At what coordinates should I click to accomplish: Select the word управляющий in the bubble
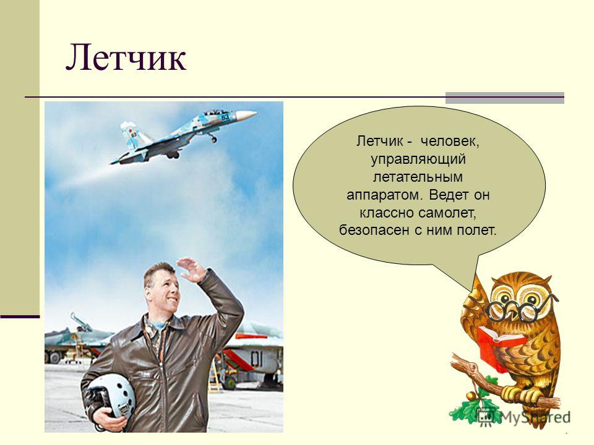[418, 159]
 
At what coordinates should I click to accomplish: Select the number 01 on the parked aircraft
[256, 358]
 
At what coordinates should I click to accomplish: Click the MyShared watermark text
[535, 417]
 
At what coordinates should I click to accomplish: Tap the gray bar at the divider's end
[505, 98]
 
